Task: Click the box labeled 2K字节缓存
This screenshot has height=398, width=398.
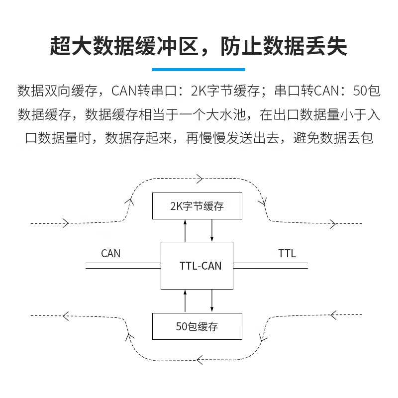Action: click(197, 206)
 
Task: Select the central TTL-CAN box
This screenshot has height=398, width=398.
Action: click(197, 266)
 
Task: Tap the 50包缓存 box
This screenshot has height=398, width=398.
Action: click(197, 326)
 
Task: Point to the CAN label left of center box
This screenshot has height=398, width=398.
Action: click(110, 253)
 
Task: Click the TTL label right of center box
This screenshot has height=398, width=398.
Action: click(287, 253)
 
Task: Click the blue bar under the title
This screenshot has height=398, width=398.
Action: click(199, 69)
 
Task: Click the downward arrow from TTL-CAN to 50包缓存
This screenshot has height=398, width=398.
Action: click(212, 301)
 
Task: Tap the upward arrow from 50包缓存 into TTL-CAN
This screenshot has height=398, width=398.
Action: click(186, 301)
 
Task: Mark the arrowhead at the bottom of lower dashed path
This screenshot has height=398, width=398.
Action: click(199, 358)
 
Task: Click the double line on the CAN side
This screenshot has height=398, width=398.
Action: click(123, 266)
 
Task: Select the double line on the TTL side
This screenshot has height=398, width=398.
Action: click(271, 266)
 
